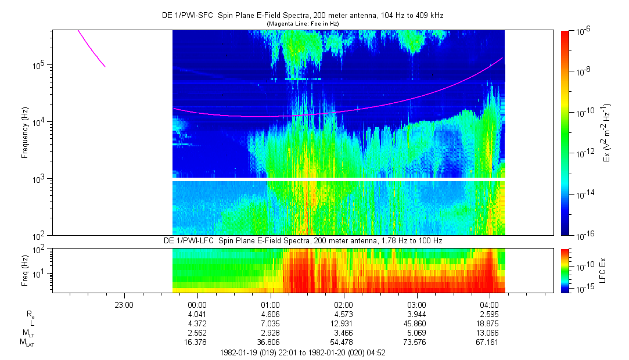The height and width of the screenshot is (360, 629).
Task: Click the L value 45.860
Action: coord(416,323)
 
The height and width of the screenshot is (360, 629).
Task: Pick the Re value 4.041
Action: coord(197,314)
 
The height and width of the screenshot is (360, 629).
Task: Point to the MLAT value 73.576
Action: coord(416,343)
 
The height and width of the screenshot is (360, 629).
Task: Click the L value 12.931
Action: coord(344,323)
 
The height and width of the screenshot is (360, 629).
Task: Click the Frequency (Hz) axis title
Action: coord(25,133)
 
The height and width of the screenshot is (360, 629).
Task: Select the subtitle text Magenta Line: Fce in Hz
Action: coord(302,23)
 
